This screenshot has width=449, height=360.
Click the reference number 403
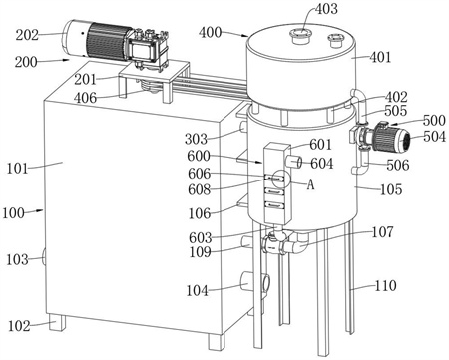coord(326,9)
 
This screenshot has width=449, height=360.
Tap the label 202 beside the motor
coord(27,35)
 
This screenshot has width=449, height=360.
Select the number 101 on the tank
coord(18,169)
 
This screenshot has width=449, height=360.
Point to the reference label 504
coord(434,136)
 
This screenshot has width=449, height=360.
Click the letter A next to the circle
coord(310,184)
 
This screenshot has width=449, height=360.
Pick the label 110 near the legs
coord(386,285)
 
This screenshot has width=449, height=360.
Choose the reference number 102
coord(19,326)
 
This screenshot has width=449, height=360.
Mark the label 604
coord(322,164)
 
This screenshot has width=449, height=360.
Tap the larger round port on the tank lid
coord(300,35)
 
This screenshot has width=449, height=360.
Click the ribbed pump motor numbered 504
coord(391,138)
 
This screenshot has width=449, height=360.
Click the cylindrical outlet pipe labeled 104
coord(255,282)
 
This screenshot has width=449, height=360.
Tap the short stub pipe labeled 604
coord(293,163)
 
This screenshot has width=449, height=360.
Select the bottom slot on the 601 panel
coord(274,205)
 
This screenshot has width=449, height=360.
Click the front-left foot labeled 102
coord(57,323)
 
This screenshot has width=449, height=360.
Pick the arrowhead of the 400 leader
coord(246,35)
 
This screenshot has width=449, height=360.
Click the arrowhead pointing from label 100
coord(41,210)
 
